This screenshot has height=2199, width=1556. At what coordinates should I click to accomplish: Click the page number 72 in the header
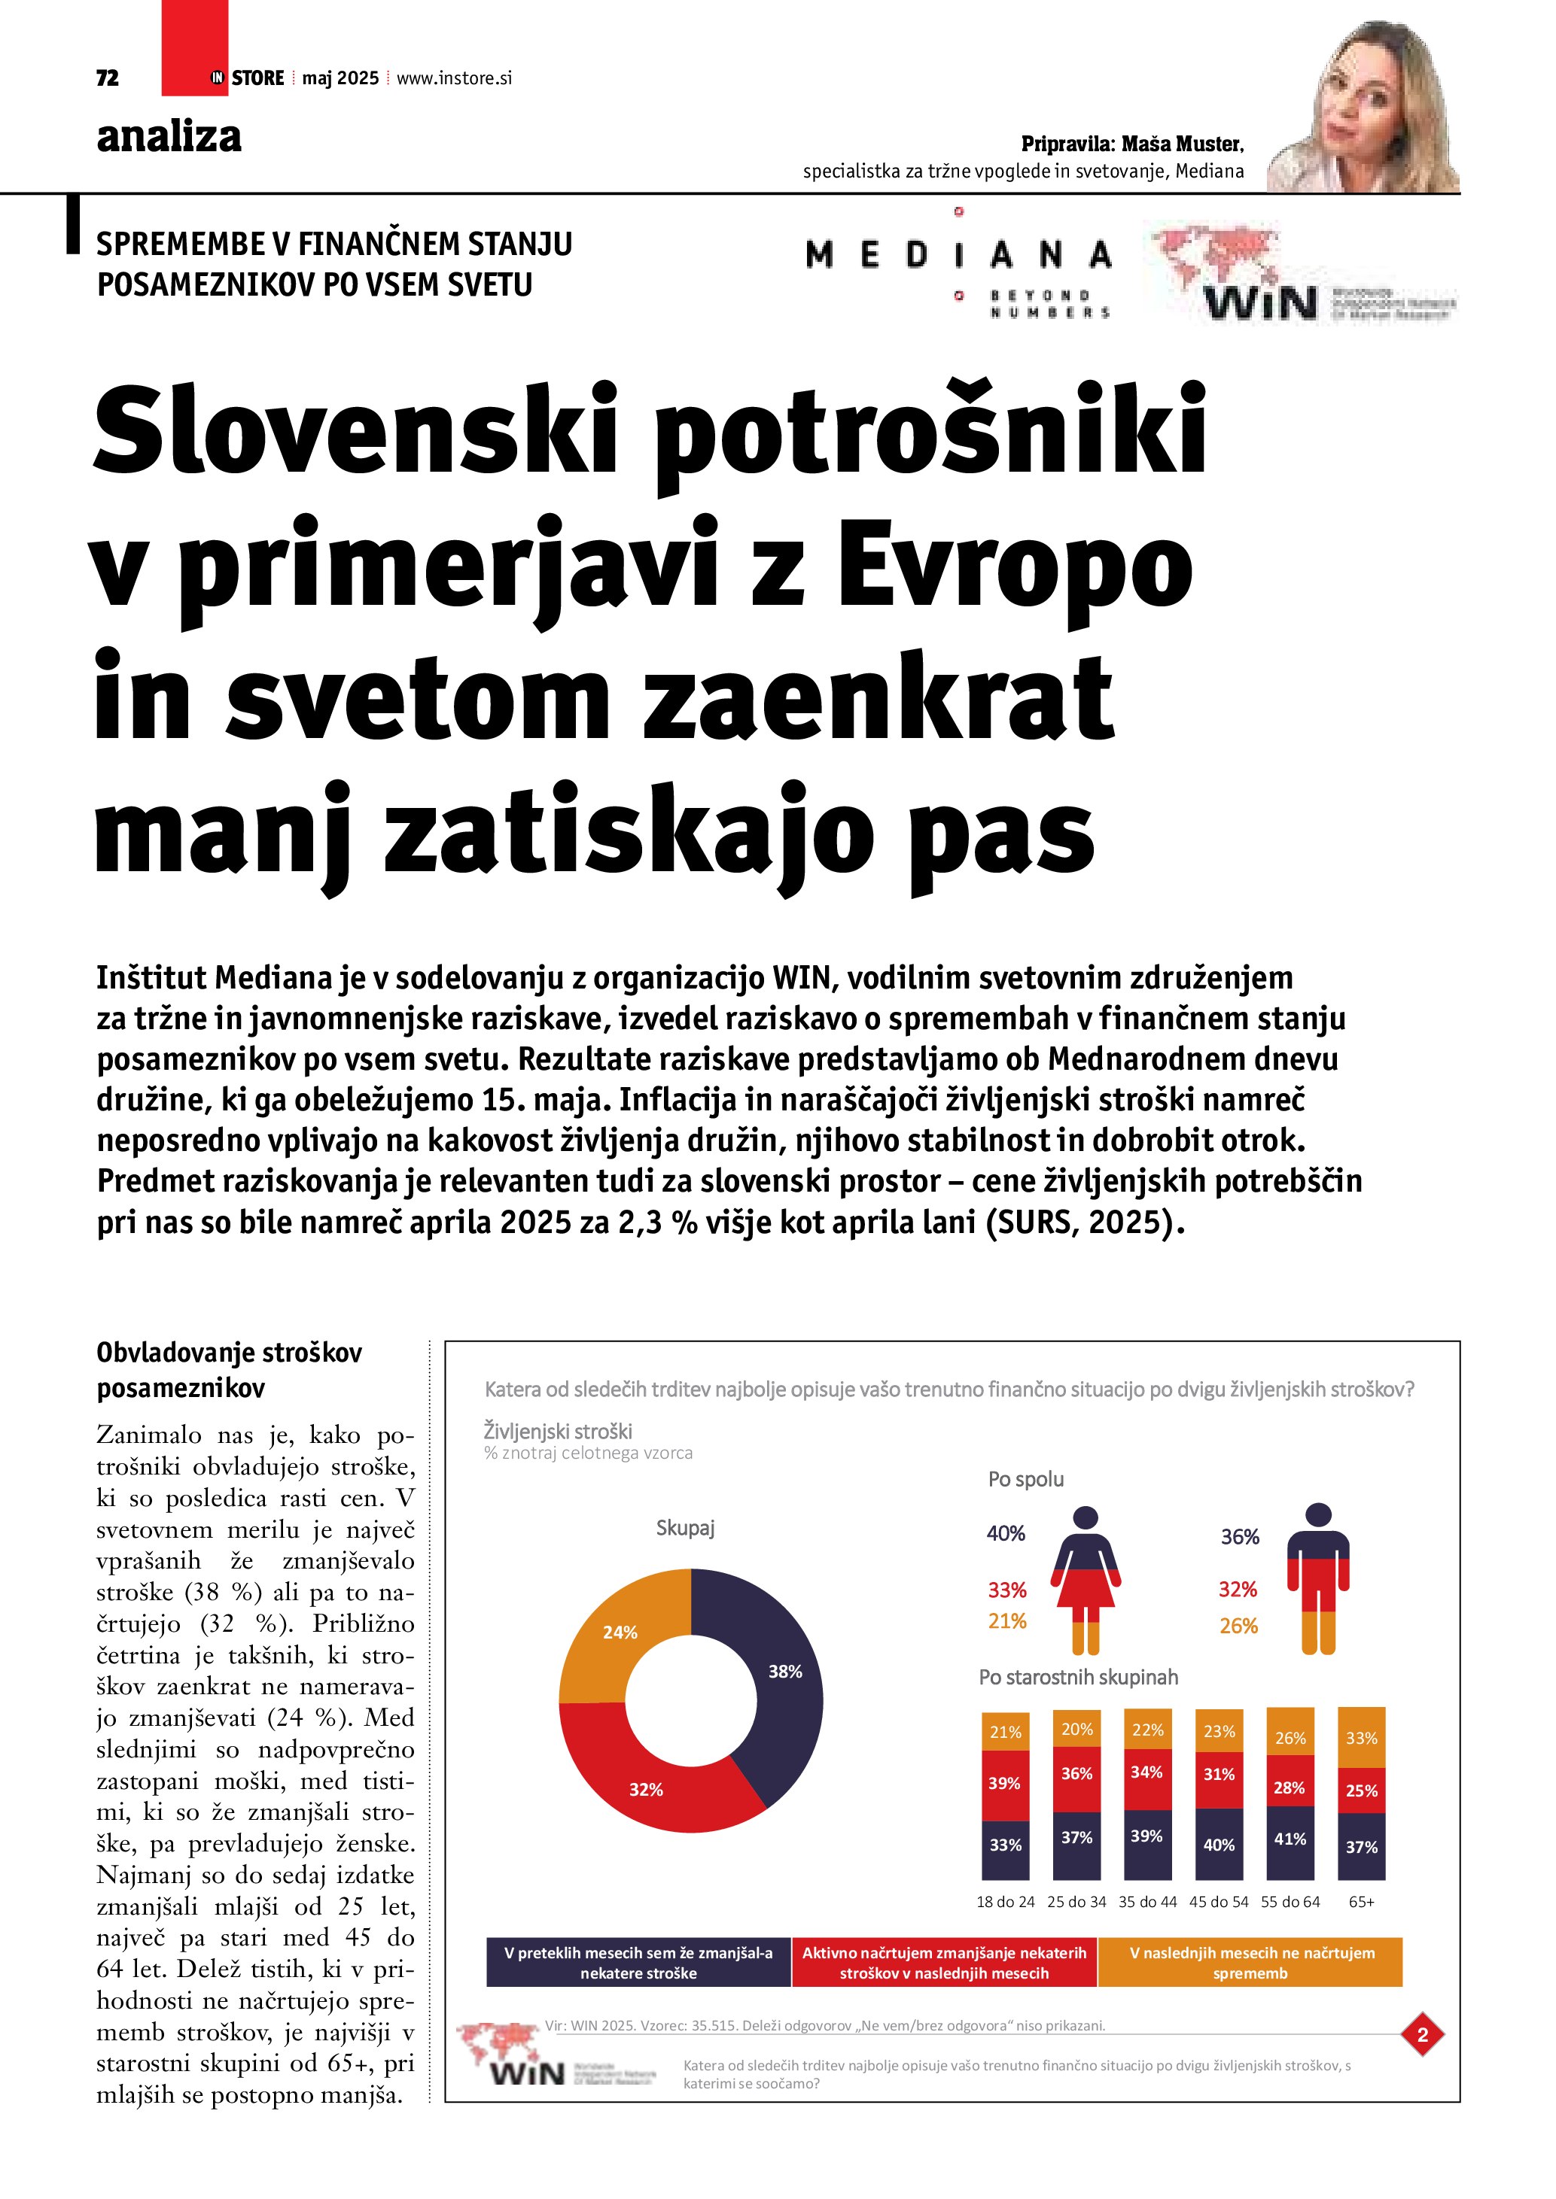coord(108,78)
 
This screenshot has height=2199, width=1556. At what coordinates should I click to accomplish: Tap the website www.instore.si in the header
coord(454,78)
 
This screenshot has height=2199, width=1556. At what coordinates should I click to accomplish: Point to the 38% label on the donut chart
coord(784,1672)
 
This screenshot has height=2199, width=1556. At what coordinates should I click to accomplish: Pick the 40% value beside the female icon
coord(1006,1533)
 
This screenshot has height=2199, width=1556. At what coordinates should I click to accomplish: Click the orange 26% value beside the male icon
coord(1238,1625)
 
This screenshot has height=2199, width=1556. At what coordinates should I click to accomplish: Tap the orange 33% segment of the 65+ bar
coord(1362,1737)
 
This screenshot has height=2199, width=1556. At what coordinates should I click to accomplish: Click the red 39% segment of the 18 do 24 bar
coord(1005,1783)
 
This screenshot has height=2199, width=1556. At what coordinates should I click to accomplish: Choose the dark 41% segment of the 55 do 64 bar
coord(1290,1839)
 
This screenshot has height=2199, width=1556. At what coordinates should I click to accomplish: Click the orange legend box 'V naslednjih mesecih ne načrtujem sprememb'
coord(1250,1963)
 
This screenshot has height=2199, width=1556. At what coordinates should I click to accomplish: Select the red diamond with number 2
coord(1423,2035)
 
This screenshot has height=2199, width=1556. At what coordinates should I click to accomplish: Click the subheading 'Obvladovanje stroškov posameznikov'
coord(229,1370)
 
